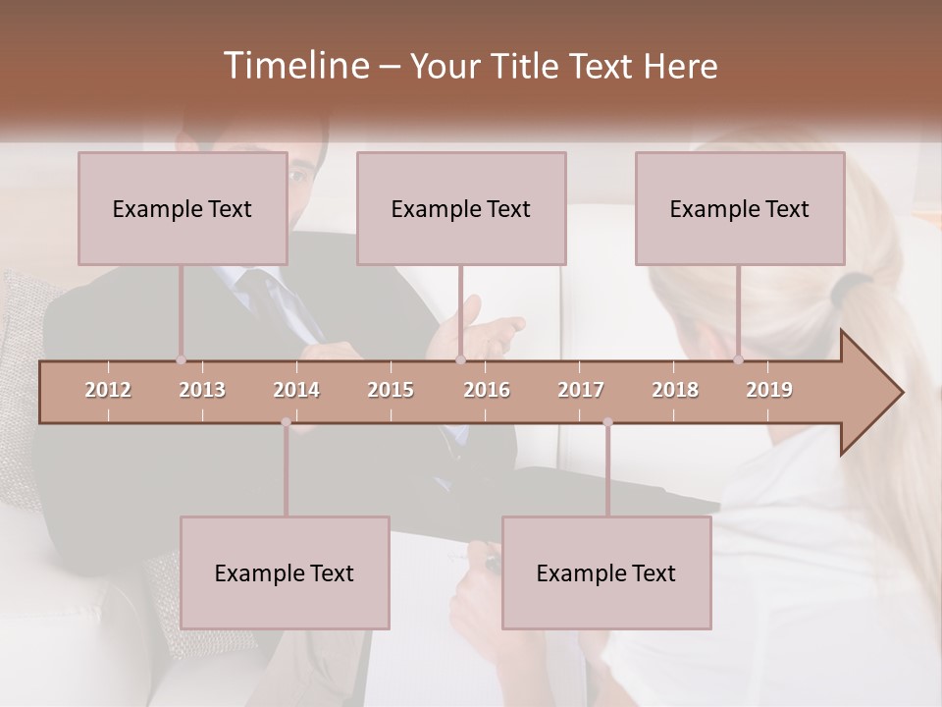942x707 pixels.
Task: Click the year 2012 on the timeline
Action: (108, 390)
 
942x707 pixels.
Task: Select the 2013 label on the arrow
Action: (202, 390)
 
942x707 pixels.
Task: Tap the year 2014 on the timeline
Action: (296, 390)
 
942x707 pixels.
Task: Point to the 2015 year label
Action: (391, 390)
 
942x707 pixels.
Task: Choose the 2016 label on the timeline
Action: (487, 390)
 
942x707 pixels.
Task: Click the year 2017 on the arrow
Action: (581, 390)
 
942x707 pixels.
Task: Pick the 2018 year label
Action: (675, 390)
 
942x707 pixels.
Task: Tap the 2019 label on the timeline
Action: (769, 390)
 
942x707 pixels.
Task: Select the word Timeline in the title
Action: (294, 66)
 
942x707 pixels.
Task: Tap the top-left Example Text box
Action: (183, 208)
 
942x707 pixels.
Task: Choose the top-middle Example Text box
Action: (461, 208)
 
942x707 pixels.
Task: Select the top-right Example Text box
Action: (740, 208)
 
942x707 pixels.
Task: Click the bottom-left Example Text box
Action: (285, 572)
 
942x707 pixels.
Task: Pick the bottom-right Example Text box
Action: (606, 572)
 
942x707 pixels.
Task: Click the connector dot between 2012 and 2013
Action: (181, 360)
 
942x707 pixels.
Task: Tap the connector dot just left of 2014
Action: (286, 422)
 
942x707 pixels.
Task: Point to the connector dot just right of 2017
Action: (607, 422)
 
